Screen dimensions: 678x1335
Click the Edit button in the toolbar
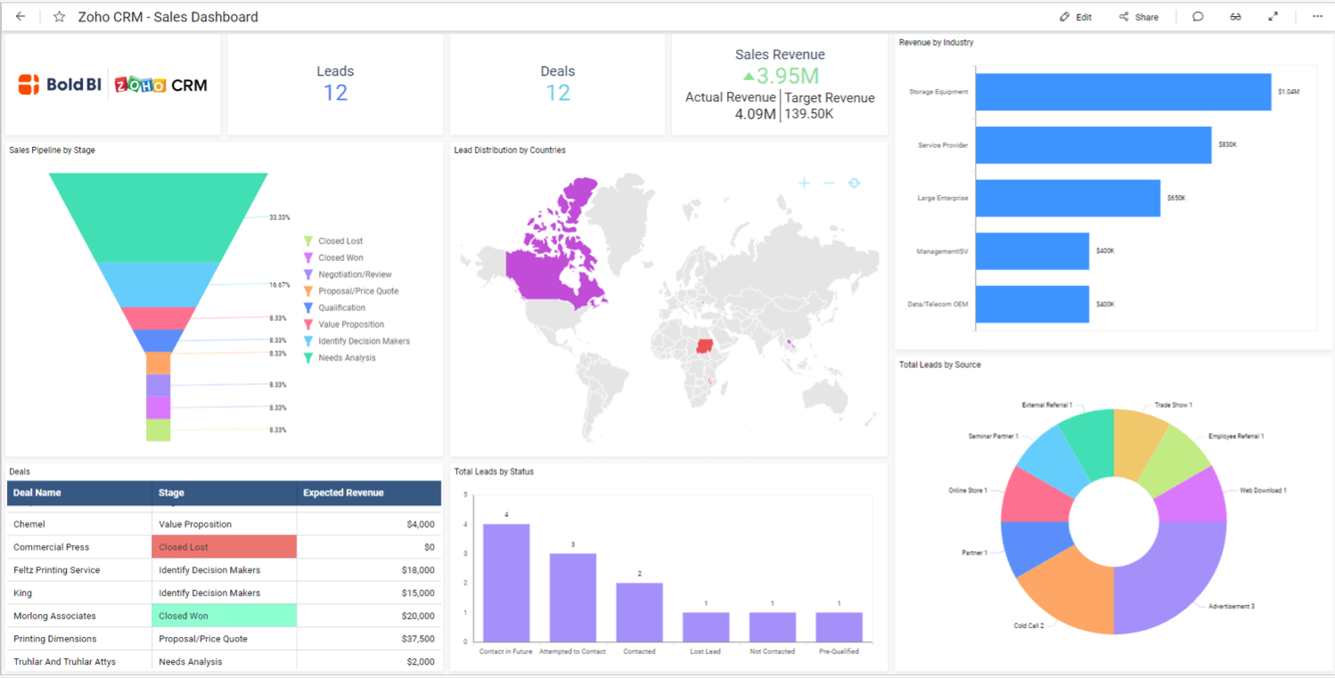(x=1076, y=17)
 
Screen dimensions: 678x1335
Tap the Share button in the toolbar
(x=1139, y=17)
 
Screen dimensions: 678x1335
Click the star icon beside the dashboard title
(x=59, y=17)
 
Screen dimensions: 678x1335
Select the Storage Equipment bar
(x=1123, y=92)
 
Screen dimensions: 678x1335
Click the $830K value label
(x=1227, y=145)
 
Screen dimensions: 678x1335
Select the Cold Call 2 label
(x=1028, y=625)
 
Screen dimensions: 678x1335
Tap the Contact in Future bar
(x=505, y=582)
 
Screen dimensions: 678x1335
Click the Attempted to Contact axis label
(x=572, y=651)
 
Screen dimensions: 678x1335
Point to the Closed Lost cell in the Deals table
(x=225, y=547)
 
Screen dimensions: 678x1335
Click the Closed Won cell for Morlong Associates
(x=225, y=616)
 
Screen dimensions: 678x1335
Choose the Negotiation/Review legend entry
(x=355, y=274)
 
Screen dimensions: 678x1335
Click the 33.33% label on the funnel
(x=280, y=217)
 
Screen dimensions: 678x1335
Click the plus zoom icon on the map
(x=804, y=183)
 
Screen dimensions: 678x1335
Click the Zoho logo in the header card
(x=141, y=86)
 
